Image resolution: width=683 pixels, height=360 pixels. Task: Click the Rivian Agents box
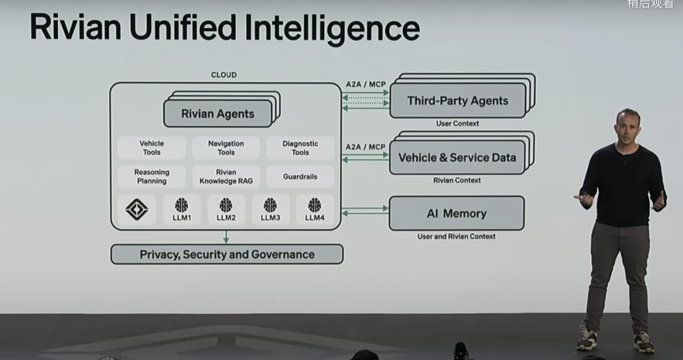pos(218,114)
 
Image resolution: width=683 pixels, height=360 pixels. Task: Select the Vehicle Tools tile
pos(152,148)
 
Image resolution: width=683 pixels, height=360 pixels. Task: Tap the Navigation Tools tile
pos(226,148)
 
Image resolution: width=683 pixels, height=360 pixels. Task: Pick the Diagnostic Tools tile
pos(300,148)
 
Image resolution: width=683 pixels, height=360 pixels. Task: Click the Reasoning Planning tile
pos(152,177)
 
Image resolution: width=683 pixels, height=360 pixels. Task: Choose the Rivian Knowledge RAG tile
pos(226,177)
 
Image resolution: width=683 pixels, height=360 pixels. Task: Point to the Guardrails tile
pos(300,177)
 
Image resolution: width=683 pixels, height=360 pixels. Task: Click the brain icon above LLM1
pos(182,205)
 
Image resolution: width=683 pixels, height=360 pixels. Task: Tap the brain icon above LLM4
pos(314,205)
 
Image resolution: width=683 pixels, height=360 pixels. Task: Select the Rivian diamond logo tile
pos(137,209)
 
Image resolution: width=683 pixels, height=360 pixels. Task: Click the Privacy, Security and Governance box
pos(226,254)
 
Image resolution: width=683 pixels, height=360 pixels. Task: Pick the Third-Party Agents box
pos(457,101)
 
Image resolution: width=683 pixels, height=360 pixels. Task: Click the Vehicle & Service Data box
pos(457,158)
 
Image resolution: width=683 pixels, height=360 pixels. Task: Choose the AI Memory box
pos(456,213)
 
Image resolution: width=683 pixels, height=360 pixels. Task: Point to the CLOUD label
pos(224,75)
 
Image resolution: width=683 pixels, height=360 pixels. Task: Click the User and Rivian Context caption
pos(456,237)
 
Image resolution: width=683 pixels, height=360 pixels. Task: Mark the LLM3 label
pos(270,218)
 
